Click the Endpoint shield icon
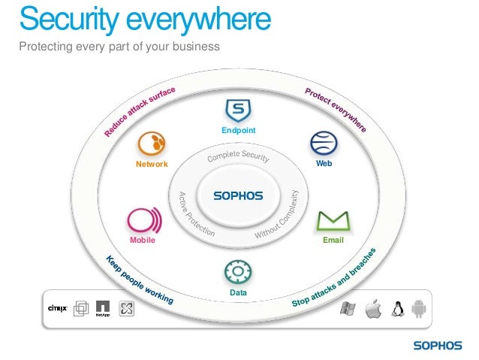pyautogui.click(x=238, y=111)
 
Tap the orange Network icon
pyautogui.click(x=152, y=144)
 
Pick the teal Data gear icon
pyautogui.click(x=238, y=271)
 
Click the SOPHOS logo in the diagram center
pyautogui.click(x=238, y=195)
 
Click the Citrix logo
pyautogui.click(x=58, y=308)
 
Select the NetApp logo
pyautogui.click(x=103, y=308)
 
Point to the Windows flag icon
pyautogui.click(x=348, y=308)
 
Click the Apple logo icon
pyautogui.click(x=373, y=308)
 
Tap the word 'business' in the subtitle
pyautogui.click(x=197, y=47)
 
